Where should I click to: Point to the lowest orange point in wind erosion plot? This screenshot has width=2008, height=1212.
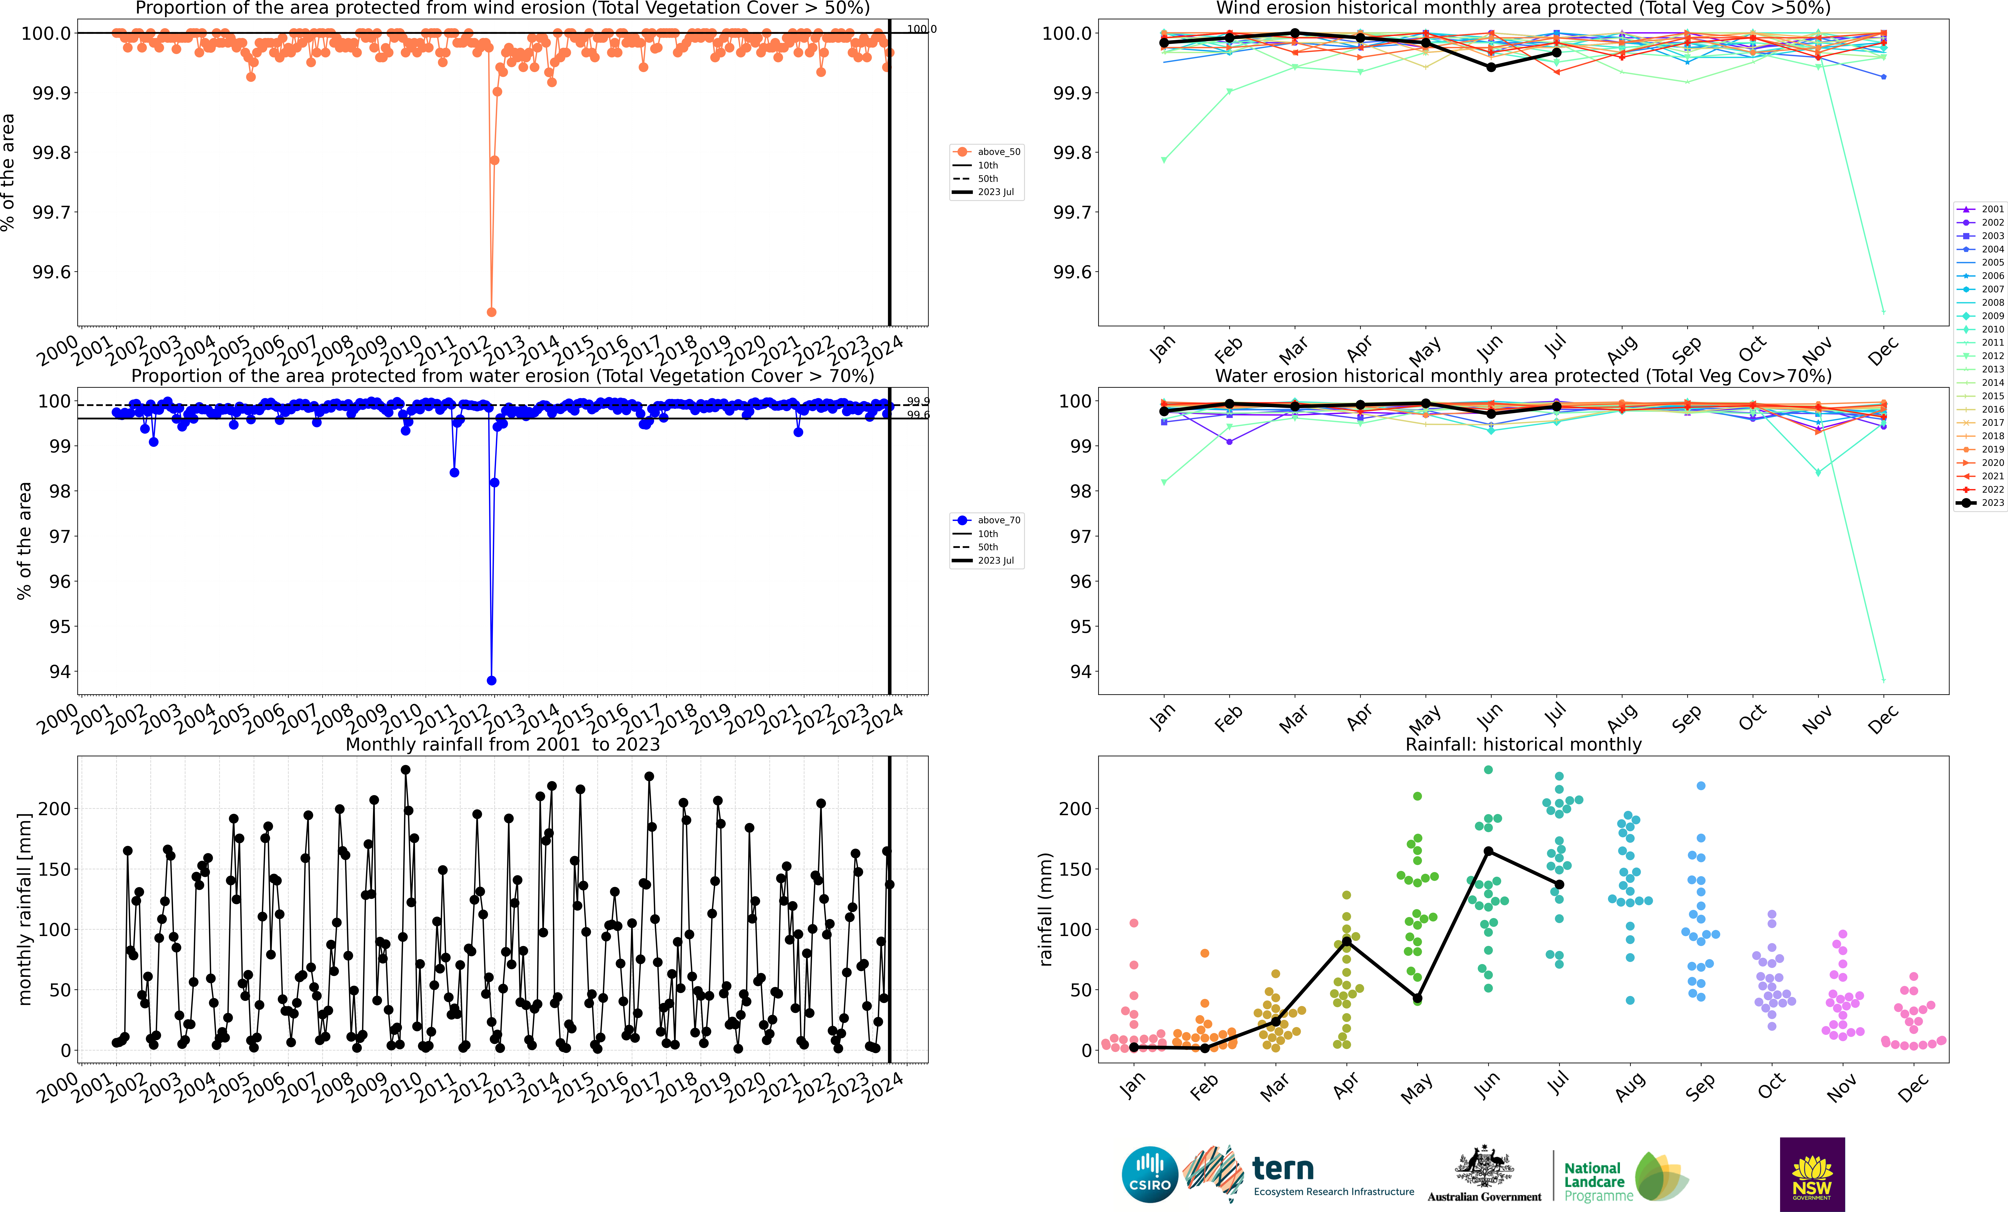[491, 312]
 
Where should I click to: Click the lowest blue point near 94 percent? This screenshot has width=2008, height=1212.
[491, 681]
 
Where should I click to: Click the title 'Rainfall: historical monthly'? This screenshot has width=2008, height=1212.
[1523, 744]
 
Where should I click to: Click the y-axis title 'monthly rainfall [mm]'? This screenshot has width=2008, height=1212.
[24, 909]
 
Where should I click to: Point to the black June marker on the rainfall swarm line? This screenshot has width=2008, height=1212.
[1488, 851]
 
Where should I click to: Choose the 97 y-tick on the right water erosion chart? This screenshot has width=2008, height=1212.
[1080, 536]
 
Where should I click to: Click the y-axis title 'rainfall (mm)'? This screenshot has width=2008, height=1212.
[1046, 909]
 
